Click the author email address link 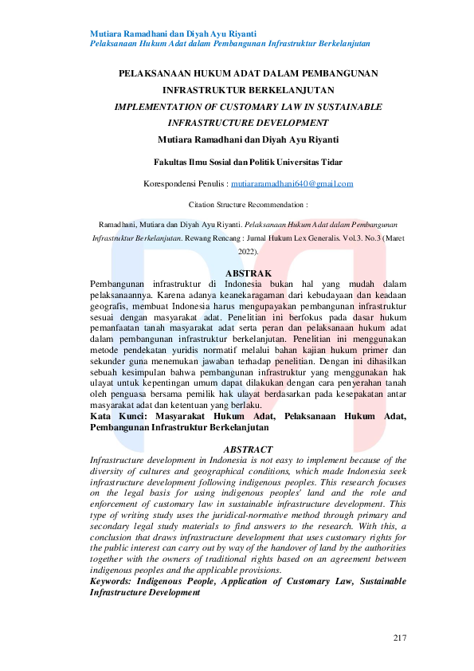pyautogui.click(x=292, y=184)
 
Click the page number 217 pyautogui.click(x=401, y=638)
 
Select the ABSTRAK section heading pyautogui.click(x=249, y=273)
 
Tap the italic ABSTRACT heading pyautogui.click(x=249, y=449)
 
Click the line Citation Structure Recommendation pyautogui.click(x=249, y=205)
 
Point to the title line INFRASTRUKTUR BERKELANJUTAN pyautogui.click(x=249, y=90)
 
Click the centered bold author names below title pyautogui.click(x=249, y=139)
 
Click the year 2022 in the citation pyautogui.click(x=248, y=251)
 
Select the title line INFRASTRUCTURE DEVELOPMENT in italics pyautogui.click(x=249, y=123)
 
